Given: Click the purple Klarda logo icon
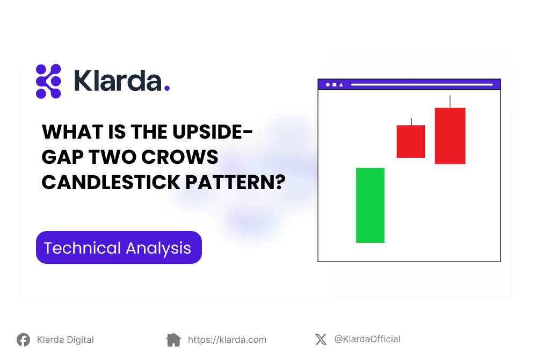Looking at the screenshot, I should coord(48,82).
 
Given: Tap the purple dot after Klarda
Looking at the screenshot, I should coord(167,88).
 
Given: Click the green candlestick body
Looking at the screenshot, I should coord(370,205).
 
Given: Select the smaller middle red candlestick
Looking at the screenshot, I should coord(411,141).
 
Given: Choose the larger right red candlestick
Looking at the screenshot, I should coord(450,136).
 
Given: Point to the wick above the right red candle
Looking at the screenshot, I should coord(450,101).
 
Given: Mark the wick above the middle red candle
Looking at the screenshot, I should coord(411,122).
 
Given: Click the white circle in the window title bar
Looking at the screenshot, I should coord(328,85).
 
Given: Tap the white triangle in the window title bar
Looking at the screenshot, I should coord(341,85).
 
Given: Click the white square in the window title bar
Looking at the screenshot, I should coord(334,85).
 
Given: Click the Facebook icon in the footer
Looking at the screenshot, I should coord(23,340).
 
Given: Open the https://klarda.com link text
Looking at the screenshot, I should coord(227,340).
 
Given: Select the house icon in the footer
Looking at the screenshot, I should coord(173,340).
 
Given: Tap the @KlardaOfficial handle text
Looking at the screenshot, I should coord(367,339).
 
